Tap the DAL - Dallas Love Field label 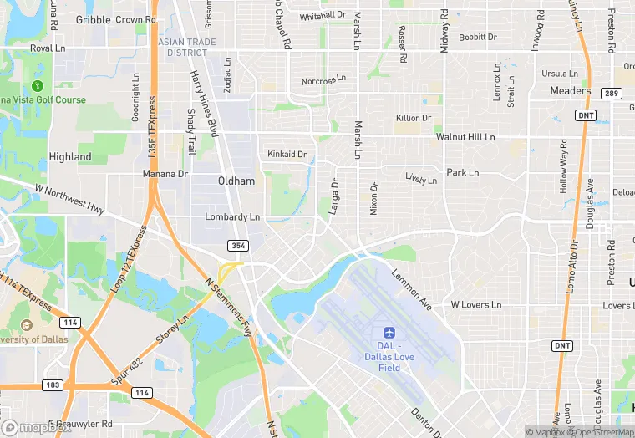389,356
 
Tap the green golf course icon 37,85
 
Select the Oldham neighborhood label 236,181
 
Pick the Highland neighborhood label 70,156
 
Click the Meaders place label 570,90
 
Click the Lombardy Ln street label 232,217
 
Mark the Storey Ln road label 172,332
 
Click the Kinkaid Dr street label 287,154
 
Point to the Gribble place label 93,19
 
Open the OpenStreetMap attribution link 601,432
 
